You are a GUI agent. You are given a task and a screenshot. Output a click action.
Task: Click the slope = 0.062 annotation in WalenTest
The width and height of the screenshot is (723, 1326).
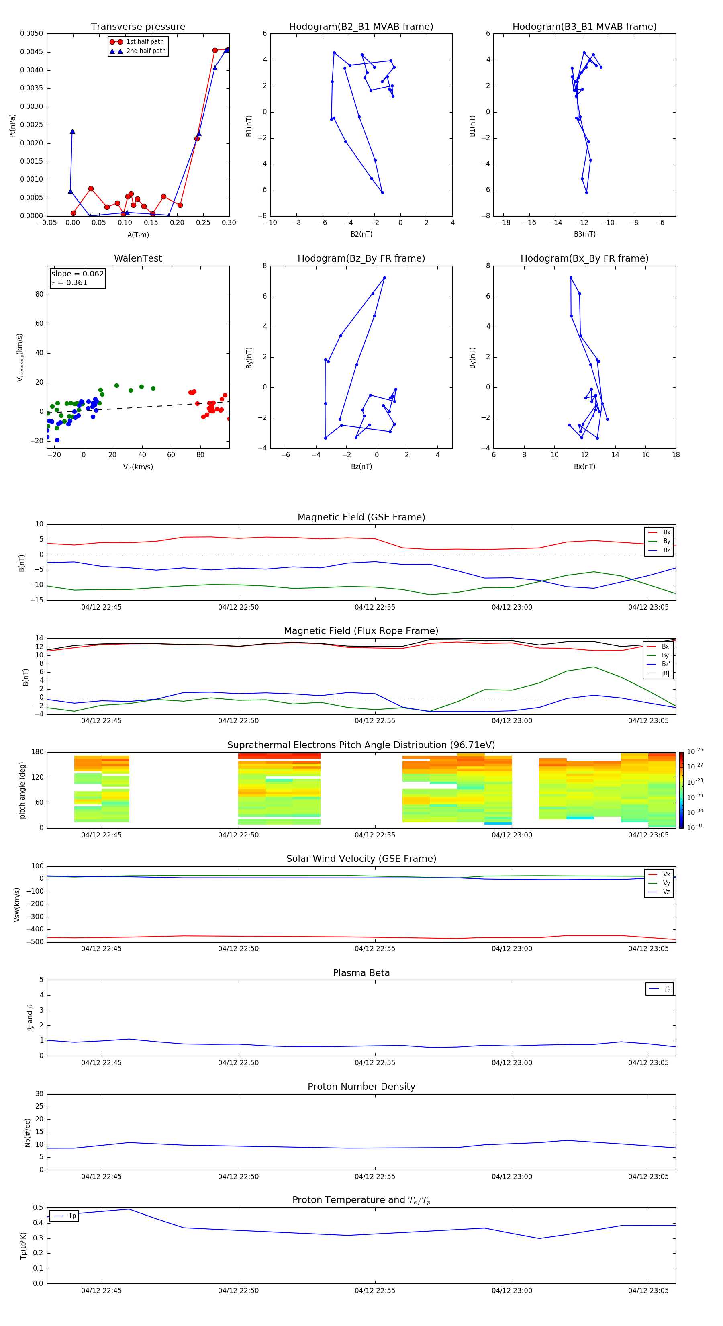(x=77, y=274)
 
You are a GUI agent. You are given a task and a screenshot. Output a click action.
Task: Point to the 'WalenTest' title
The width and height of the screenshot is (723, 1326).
(x=138, y=258)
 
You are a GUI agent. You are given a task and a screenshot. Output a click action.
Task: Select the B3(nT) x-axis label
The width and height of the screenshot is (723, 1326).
(x=584, y=234)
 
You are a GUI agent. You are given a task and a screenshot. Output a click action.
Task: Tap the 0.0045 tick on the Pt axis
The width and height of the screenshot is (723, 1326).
(x=32, y=52)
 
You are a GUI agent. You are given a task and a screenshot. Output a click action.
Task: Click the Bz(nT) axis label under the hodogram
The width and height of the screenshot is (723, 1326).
(x=361, y=467)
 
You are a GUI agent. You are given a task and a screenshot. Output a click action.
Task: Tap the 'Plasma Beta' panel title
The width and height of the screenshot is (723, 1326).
(x=361, y=973)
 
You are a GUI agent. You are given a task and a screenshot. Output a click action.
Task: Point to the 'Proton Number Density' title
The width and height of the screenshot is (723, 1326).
(x=361, y=1087)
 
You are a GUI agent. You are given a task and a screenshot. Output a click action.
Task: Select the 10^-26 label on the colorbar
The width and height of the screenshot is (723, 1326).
(x=695, y=751)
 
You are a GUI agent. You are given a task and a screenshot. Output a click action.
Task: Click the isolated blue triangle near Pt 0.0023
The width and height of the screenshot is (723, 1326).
(x=73, y=131)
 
